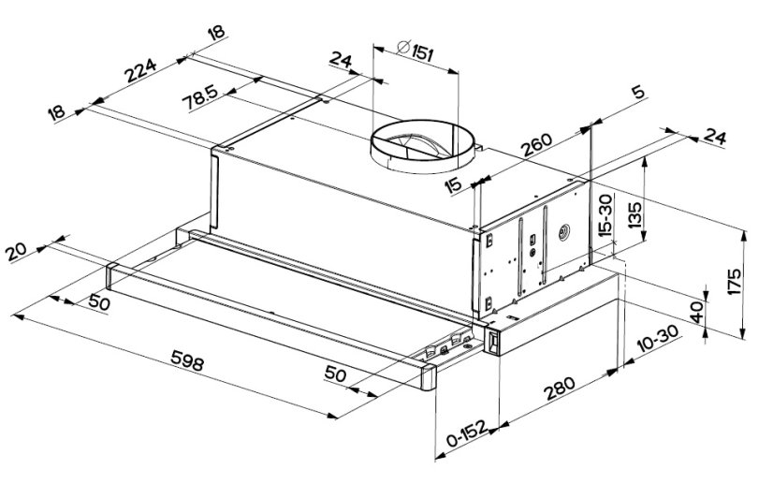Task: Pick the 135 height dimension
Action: pos(634,216)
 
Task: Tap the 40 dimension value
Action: pos(696,313)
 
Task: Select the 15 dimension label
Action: pos(454,184)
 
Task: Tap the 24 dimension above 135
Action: pos(715,138)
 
